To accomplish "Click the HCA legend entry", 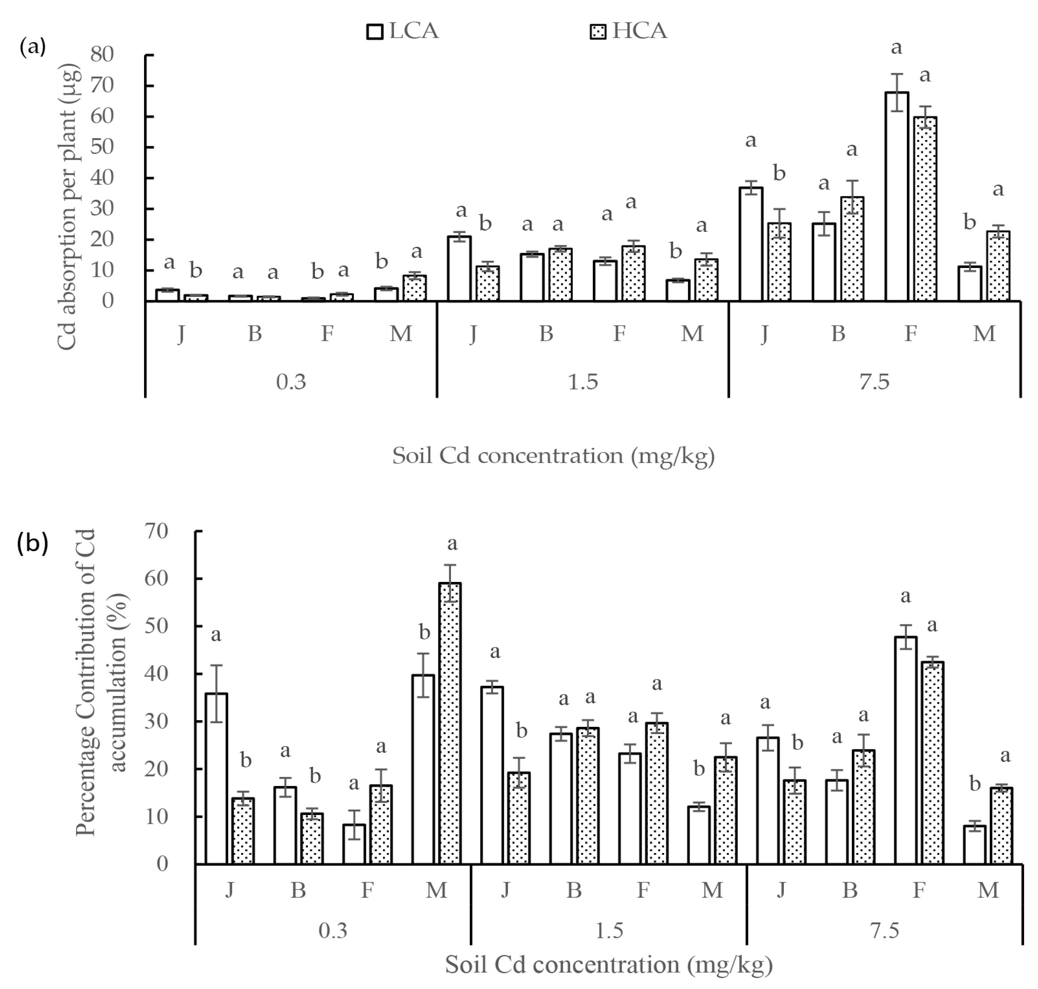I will [628, 32].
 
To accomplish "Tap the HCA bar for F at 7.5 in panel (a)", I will [925, 209].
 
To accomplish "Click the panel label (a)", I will [33, 47].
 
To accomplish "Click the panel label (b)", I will [33, 543].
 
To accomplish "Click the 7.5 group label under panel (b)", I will [885, 930].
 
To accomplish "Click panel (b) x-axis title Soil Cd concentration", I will [609, 965].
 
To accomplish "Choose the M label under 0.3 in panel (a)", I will [400, 334].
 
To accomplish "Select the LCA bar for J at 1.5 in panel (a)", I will [459, 268].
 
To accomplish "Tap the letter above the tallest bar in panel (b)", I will [452, 543].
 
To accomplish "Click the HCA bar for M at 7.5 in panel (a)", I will [998, 266].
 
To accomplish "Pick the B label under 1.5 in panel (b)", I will [574, 891].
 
